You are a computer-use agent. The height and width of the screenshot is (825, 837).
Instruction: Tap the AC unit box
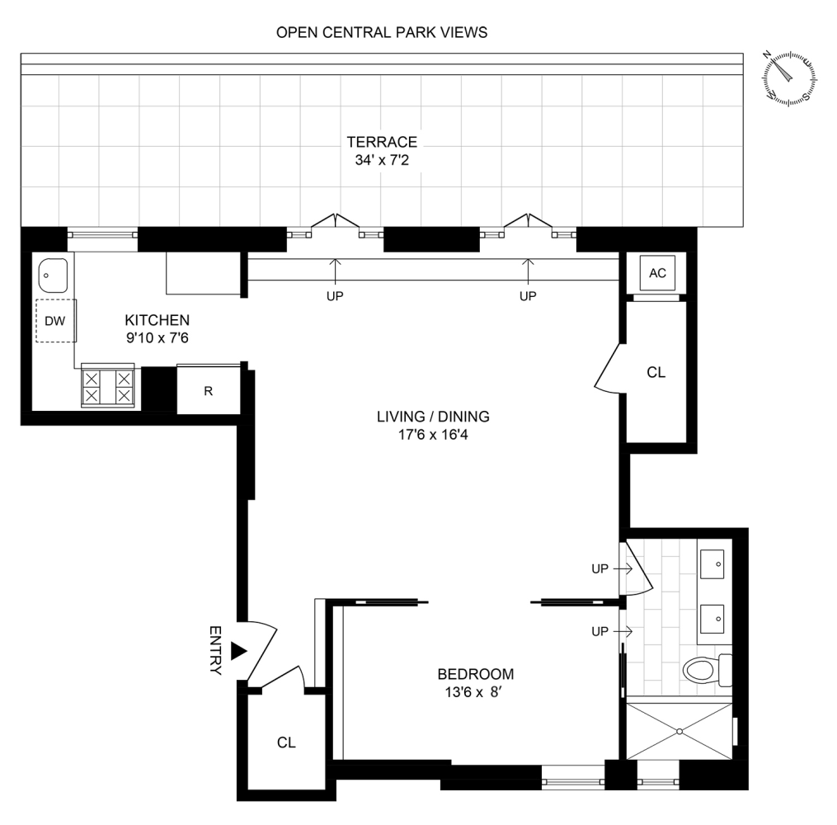(657, 274)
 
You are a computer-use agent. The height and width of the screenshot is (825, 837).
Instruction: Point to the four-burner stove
(107, 386)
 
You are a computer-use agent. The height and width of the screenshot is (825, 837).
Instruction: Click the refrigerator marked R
(209, 390)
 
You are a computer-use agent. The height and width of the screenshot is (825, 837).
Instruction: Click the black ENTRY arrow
(239, 651)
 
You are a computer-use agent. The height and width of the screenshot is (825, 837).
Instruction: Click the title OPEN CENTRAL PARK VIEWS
(382, 33)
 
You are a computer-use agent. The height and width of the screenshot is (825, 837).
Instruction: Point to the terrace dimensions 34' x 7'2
(382, 159)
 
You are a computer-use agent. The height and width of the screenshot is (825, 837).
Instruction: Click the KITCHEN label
(158, 320)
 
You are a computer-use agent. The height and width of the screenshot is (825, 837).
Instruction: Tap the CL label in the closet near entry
(286, 742)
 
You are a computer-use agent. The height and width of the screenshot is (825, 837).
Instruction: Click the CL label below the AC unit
(656, 373)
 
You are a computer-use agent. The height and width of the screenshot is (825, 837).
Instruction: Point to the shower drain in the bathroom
(679, 731)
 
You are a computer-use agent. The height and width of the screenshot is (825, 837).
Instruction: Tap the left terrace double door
(336, 224)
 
